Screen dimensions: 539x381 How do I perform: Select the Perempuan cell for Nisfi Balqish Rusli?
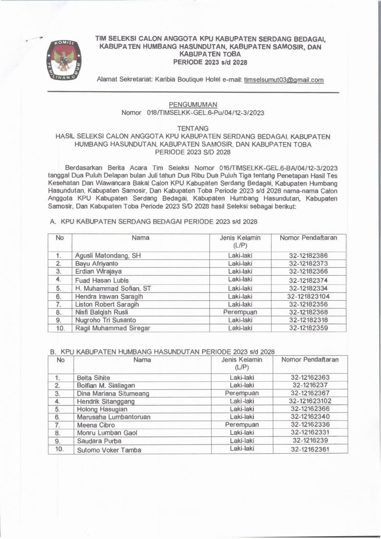[240, 312]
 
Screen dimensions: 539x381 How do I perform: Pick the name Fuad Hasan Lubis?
[102, 280]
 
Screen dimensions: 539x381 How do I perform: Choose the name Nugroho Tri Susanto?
[105, 320]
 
